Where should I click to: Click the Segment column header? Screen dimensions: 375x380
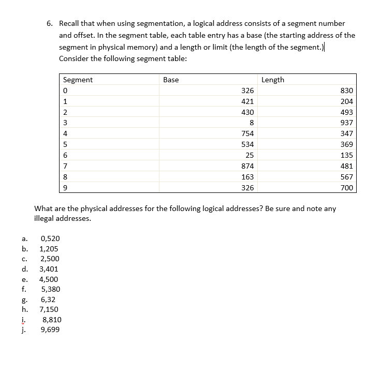pos(78,80)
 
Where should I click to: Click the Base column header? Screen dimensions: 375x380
pos(171,80)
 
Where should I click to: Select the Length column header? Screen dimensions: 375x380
pos(273,80)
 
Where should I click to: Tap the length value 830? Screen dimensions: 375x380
pos(346,91)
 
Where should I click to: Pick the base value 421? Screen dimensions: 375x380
pos(247,101)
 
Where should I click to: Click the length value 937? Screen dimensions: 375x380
pos(346,123)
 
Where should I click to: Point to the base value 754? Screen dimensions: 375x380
pos(247,133)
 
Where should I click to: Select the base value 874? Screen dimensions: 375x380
pos(247,166)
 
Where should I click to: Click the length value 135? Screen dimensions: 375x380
pos(346,155)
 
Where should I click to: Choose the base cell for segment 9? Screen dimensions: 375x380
pos(247,188)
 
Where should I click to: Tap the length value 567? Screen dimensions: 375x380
pos(346,177)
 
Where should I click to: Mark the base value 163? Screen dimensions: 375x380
pos(247,177)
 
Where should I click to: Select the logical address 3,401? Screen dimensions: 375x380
pos(49,269)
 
